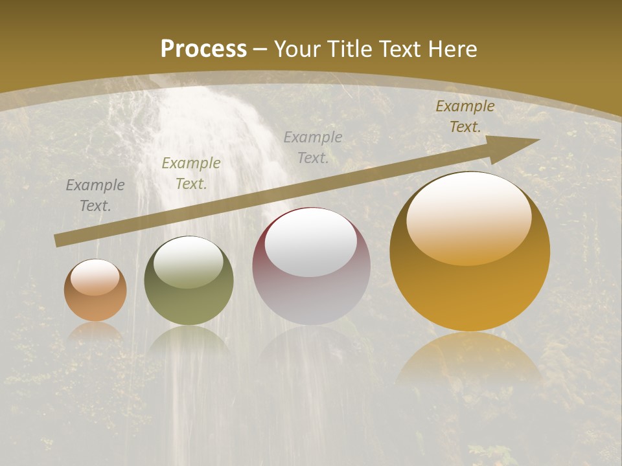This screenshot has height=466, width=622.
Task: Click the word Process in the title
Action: (x=203, y=49)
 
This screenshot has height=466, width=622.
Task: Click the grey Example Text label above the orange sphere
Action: (x=95, y=195)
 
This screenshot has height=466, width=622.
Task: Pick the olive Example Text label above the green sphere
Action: (x=191, y=173)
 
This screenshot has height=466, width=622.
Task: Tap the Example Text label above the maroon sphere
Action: (x=313, y=148)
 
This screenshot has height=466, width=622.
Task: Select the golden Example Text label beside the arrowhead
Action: (x=465, y=116)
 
